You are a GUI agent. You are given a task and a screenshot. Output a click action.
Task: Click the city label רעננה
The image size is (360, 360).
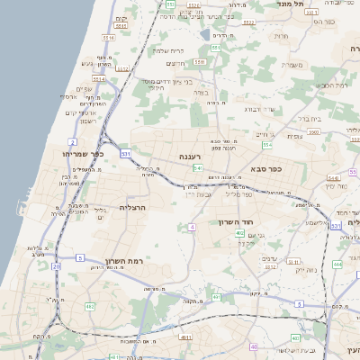tap(189, 157)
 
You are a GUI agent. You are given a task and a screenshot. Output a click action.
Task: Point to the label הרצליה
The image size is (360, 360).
tap(132, 208)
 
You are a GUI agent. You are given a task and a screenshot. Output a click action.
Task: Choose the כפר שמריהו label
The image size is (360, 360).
tap(85, 154)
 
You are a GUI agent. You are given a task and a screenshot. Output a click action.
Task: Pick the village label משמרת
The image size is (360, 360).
tap(290, 64)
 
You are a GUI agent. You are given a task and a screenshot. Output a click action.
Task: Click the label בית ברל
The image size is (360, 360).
tap(309, 118)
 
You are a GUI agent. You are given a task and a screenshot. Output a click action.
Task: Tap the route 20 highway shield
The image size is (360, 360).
tap(56, 266)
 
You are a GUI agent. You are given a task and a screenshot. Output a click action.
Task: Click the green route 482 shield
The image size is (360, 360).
tap(90, 307)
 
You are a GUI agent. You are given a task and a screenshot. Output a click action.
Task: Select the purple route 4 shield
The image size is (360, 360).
tap(192, 228)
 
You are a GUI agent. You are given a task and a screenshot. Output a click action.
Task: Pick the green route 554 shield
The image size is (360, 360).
tap(267, 144)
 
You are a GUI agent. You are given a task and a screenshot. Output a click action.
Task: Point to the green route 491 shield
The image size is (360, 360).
tap(217, 297)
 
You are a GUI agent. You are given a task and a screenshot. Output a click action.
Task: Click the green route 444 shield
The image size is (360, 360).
tap(337, 264)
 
